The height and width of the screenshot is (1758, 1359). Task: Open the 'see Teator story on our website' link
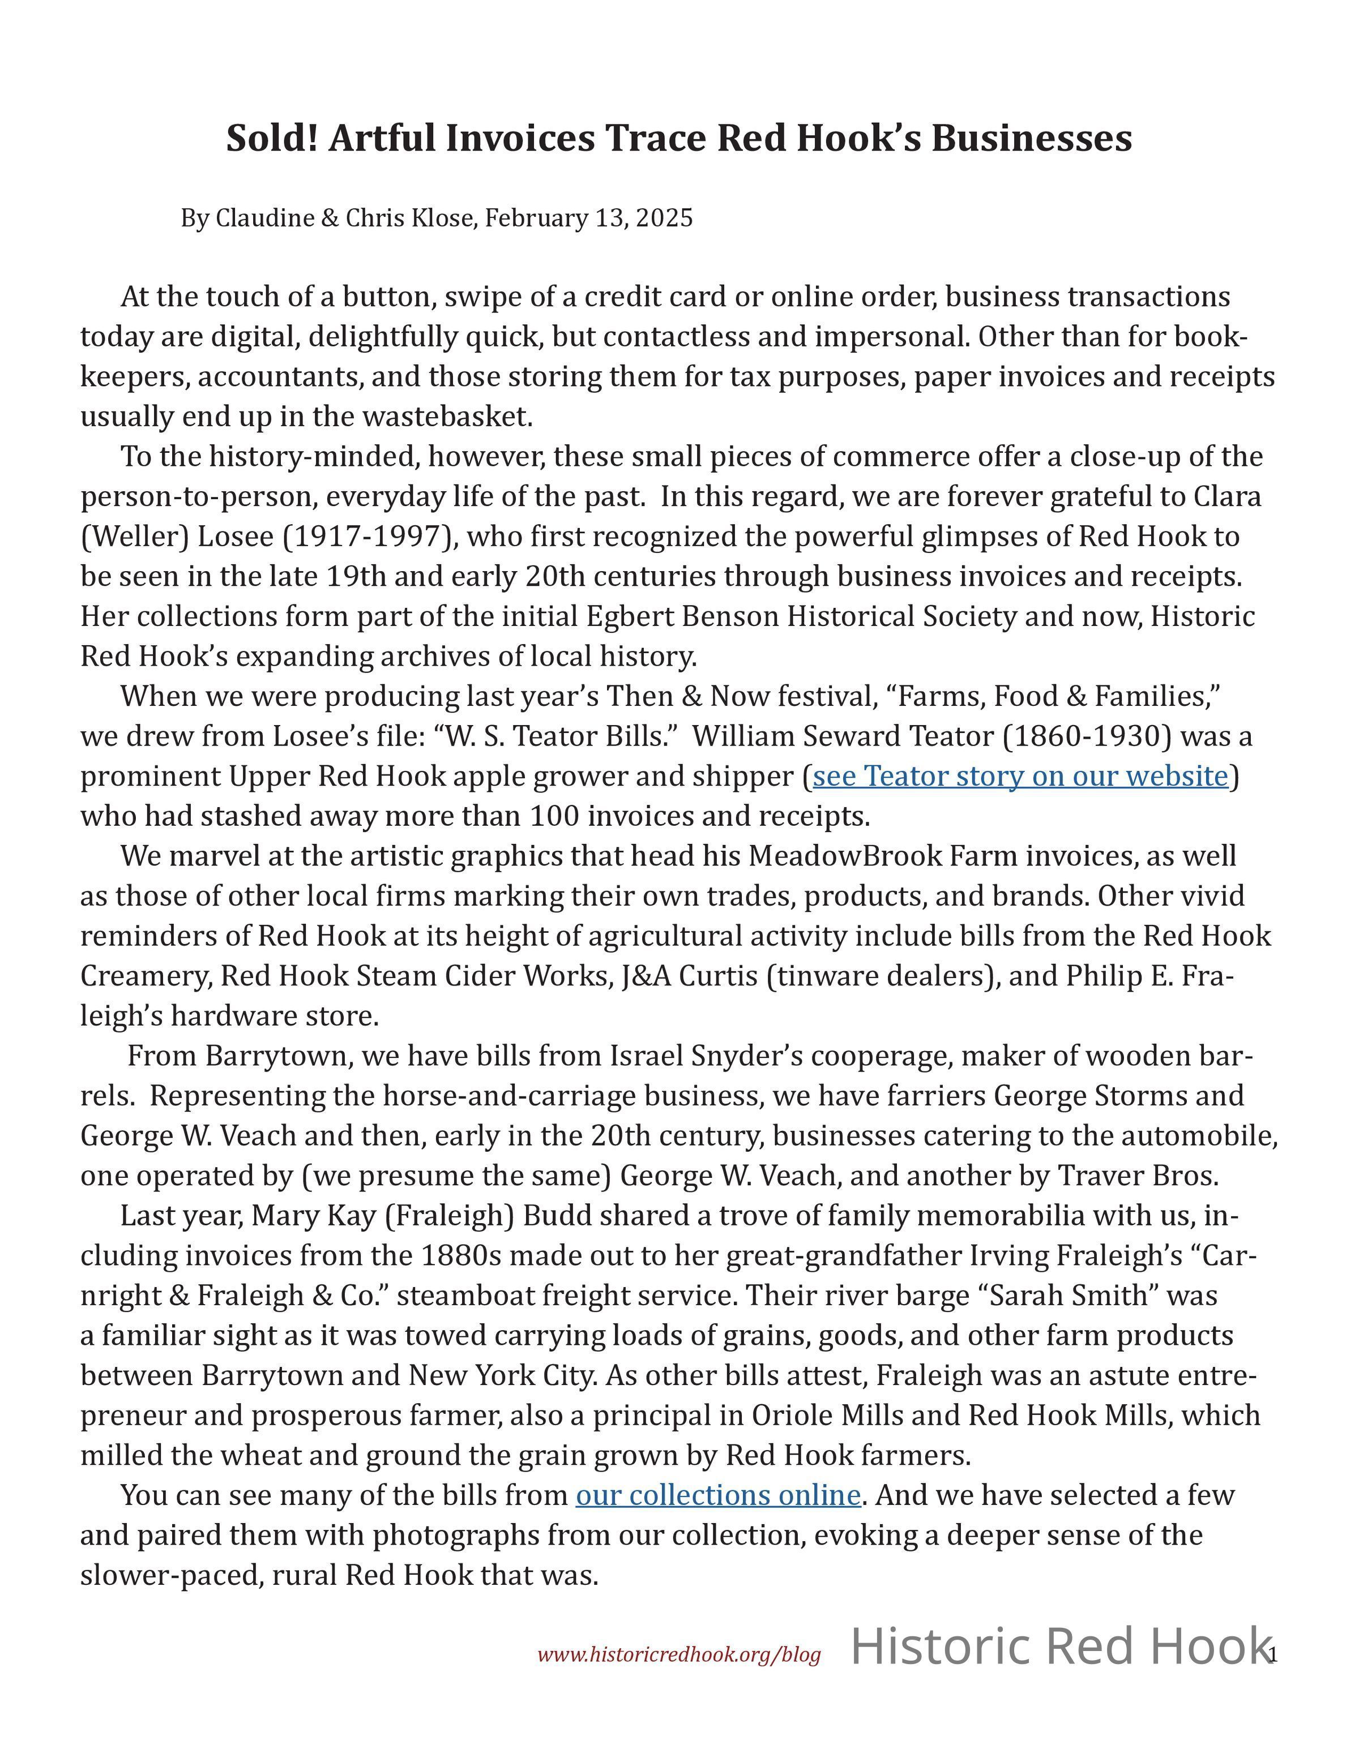point(1020,776)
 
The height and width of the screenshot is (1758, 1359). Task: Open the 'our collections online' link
point(718,1495)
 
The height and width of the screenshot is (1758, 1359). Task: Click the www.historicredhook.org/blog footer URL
point(679,1655)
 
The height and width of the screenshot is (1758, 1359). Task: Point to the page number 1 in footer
point(1273,1655)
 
